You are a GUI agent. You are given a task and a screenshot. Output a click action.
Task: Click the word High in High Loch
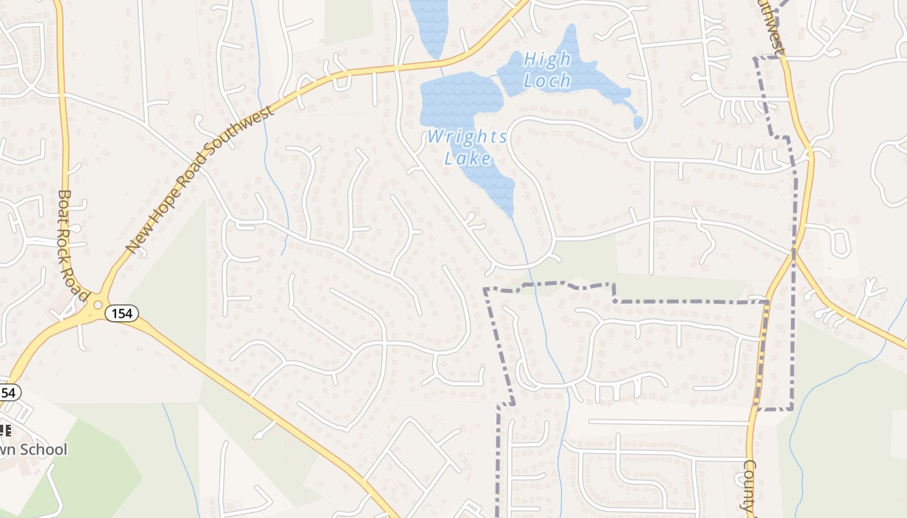pos(547,60)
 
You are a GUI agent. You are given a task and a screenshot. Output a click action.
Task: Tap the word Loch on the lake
pos(547,81)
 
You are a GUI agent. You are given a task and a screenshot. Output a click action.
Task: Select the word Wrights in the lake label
pos(467,137)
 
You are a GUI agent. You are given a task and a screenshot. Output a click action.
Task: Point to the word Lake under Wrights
pos(467,158)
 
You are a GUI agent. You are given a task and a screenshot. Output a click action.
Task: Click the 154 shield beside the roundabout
pos(122,313)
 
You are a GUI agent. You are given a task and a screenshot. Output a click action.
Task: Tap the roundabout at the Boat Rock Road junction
pos(97,304)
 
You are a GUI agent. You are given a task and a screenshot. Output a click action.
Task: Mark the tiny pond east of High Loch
pos(638,122)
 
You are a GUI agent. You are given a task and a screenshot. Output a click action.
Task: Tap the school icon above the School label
pos(6,429)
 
